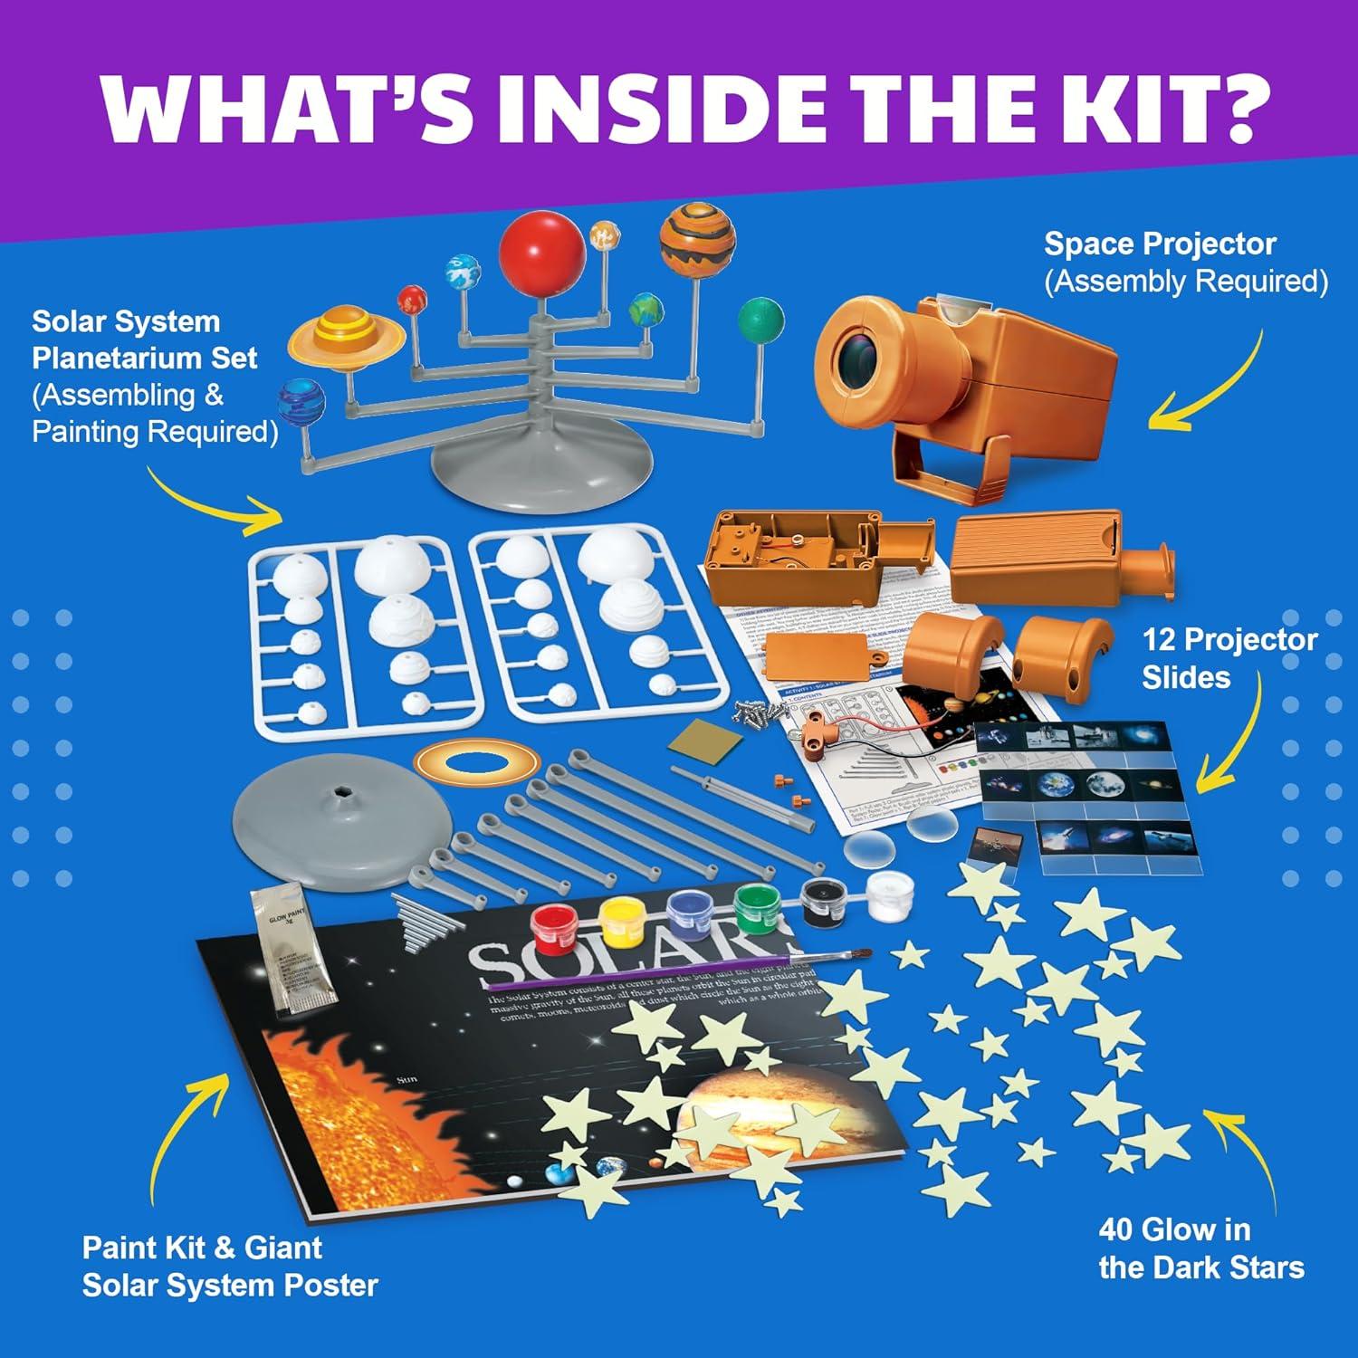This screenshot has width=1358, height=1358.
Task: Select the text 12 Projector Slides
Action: coord(1229,658)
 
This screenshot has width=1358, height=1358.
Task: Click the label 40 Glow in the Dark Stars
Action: coord(1200,1248)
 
